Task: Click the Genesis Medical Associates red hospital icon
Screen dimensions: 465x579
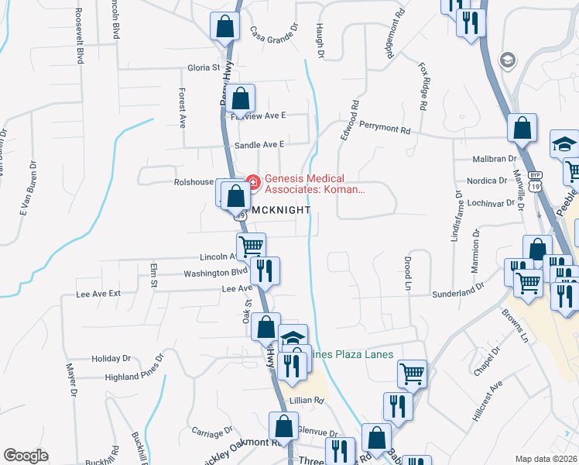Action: (251, 183)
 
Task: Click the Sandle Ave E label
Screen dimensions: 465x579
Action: (259, 145)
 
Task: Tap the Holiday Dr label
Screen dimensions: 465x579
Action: (111, 359)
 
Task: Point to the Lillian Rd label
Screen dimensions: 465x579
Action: (306, 401)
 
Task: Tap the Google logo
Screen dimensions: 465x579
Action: (26, 456)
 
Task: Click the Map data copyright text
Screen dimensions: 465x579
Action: (546, 459)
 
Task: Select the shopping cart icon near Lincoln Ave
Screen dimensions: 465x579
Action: (251, 246)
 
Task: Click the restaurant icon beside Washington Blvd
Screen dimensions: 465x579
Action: (266, 270)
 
